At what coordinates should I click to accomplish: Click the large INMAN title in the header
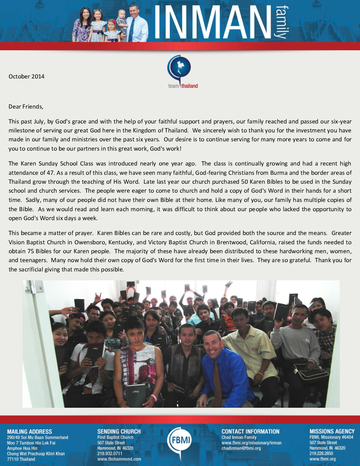(212, 22)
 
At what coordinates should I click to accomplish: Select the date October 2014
(26, 76)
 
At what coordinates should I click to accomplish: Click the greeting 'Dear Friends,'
(26, 107)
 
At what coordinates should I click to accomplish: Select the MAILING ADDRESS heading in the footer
(29, 432)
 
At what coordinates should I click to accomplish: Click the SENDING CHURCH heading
(119, 432)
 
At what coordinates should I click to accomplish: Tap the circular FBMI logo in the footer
(180, 440)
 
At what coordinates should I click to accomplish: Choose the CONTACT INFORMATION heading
(250, 432)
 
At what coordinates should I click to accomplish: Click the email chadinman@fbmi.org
(241, 448)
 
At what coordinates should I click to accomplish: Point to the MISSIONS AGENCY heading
(332, 431)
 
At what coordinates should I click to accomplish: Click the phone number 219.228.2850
(321, 453)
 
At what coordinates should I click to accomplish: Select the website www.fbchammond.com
(119, 459)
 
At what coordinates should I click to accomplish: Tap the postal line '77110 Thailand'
(21, 459)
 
